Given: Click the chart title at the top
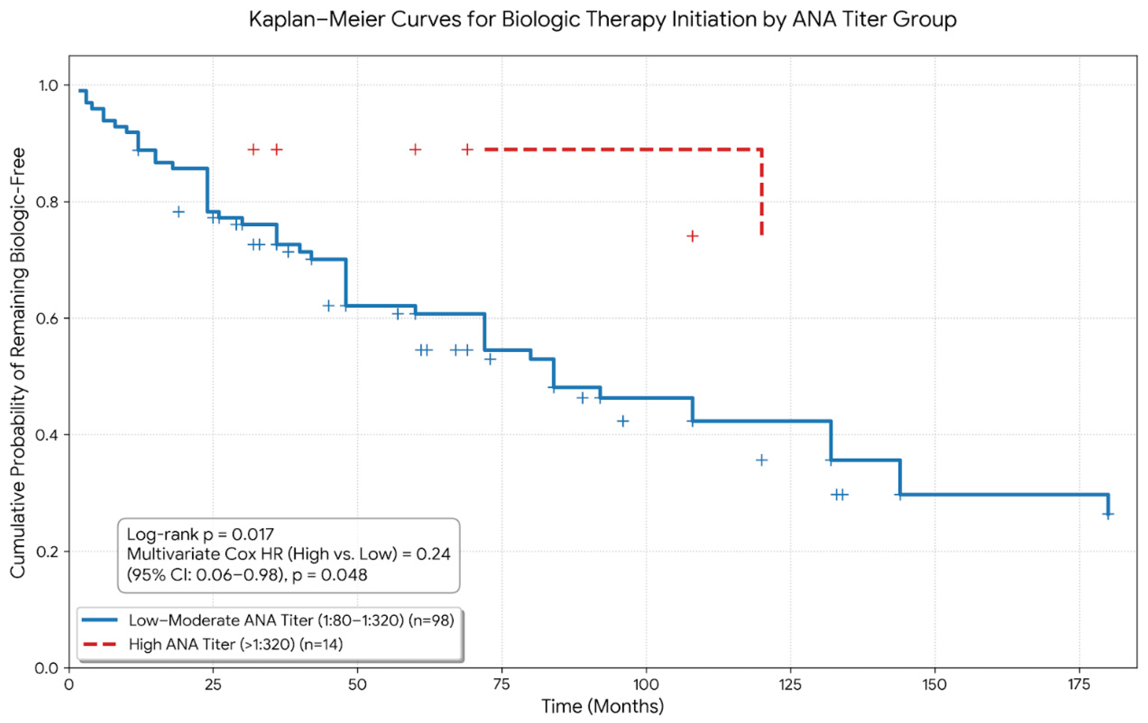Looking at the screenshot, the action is coord(603,19).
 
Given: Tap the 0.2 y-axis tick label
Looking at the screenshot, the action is coord(48,552).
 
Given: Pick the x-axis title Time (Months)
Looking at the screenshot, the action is coord(603,706).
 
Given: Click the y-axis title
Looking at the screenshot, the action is coord(18,363).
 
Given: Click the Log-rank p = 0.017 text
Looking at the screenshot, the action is coord(200,534).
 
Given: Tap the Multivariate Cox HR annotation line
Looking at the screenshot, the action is coord(289,554).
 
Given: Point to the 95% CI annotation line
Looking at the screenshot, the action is coord(247,575).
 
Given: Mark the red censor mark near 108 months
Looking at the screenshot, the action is coord(692,235).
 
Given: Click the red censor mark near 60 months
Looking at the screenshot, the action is coord(415,150).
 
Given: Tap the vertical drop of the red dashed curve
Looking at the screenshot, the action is coord(762,192).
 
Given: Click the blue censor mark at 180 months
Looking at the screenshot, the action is coord(1108,514).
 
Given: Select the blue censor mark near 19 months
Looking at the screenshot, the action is coord(179,211).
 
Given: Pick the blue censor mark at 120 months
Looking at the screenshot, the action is coord(762,460).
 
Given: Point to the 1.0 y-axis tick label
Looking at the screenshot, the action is coord(48,85).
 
